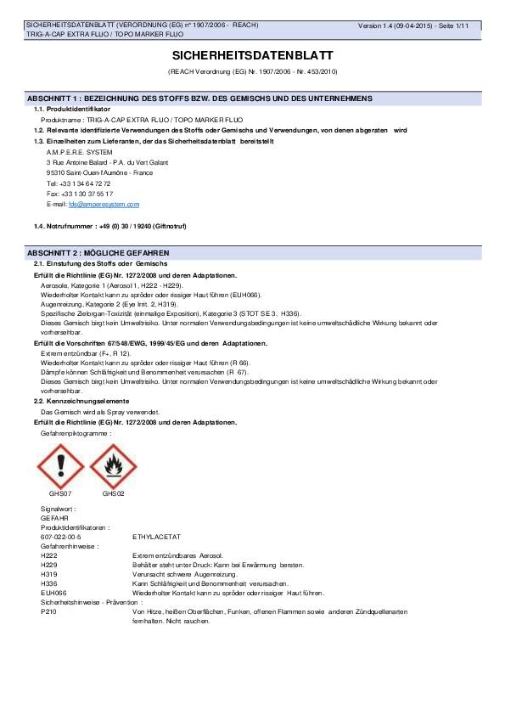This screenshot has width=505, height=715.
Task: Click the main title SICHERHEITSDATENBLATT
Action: click(252, 54)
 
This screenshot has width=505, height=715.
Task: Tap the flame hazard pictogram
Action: click(114, 466)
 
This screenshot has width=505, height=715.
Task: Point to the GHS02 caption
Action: click(114, 493)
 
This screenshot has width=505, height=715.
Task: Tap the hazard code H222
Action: click(48, 555)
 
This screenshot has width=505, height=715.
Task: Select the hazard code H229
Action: click(48, 565)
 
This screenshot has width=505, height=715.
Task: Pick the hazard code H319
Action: click(48, 574)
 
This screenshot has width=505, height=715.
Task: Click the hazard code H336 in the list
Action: click(48, 583)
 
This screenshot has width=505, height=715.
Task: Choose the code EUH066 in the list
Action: click(53, 593)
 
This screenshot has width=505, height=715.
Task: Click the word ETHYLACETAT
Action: click(157, 537)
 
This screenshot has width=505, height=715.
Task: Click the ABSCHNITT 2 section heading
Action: click(98, 253)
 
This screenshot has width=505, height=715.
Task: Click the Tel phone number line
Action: click(79, 183)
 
